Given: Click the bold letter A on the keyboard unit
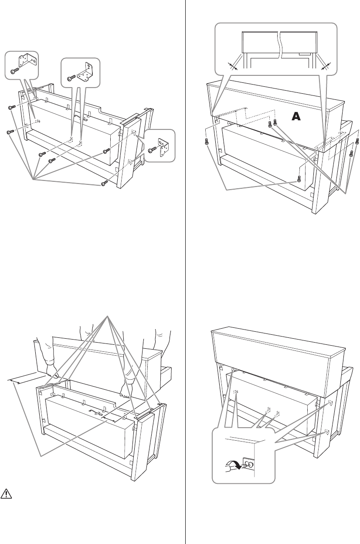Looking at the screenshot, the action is click(296, 116).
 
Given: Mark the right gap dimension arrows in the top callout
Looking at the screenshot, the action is click(325, 65).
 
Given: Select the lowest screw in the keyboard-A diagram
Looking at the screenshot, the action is click(299, 178).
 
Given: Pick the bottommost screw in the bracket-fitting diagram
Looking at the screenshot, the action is click(104, 184).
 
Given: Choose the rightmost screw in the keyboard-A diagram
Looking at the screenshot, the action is click(357, 142).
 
